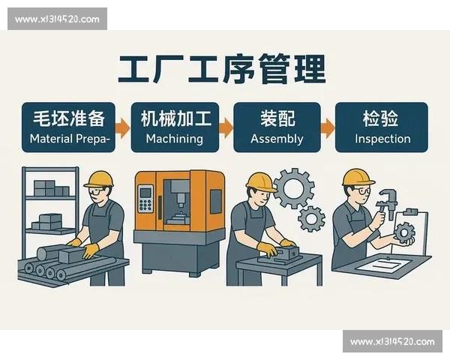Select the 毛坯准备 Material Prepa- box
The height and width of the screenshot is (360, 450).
(68, 127)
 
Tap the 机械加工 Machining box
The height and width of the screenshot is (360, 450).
(175, 127)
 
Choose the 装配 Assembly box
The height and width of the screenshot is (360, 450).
(277, 127)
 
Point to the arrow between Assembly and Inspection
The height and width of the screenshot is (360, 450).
(327, 127)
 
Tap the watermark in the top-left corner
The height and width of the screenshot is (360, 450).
(57, 19)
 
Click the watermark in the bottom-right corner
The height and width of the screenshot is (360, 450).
(392, 342)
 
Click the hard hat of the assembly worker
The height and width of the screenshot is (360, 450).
(260, 181)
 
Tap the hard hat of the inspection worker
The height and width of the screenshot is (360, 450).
(358, 177)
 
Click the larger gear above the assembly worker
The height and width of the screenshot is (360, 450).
(291, 188)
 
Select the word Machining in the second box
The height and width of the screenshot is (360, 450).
(175, 139)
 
